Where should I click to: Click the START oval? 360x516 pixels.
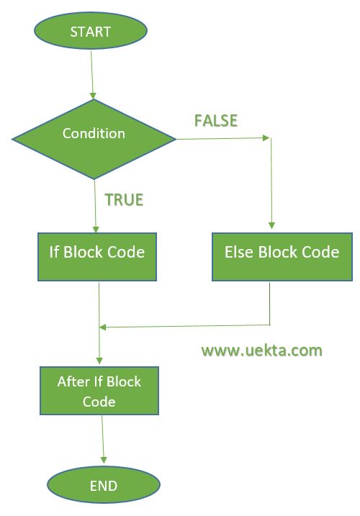coord(91,31)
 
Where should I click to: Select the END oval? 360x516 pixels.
coord(104,485)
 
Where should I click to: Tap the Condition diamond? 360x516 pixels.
coord(94,139)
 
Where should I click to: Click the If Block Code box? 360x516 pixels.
coord(97,257)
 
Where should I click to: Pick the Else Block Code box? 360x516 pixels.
coord(282,257)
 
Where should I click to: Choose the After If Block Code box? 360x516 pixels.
coord(99,391)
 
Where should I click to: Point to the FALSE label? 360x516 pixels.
coord(216,120)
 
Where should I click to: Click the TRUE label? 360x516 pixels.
coord(124,200)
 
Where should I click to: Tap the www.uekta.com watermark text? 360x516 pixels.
coord(262,350)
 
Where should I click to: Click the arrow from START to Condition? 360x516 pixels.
coord(92,75)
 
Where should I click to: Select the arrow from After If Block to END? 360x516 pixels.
coord(103,440)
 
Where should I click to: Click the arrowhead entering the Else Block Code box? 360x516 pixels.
coord(271,225)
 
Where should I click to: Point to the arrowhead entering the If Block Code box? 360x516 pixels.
coord(96,229)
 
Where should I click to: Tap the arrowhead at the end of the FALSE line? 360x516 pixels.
coord(266,137)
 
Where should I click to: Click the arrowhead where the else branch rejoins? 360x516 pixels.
coord(103,327)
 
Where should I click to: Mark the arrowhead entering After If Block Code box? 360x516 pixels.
coord(99,361)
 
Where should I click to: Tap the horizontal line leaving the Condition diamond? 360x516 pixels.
coord(223,138)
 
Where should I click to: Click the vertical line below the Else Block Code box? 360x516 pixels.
coord(270,304)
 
